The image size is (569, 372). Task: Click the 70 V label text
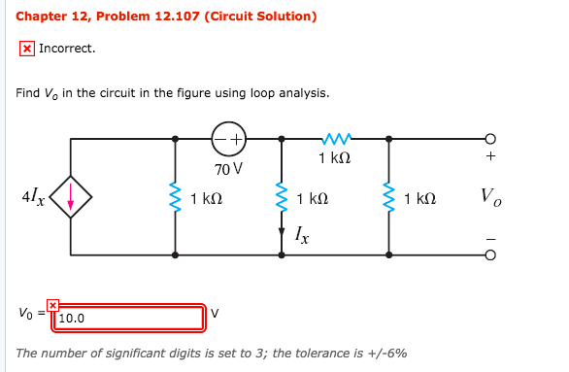click(x=229, y=169)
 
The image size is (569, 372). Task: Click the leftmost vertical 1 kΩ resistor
click(x=175, y=200)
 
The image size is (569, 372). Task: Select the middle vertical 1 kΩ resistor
click(x=282, y=199)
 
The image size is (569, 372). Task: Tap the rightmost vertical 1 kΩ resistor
click(x=388, y=199)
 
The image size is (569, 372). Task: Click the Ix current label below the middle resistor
click(x=304, y=235)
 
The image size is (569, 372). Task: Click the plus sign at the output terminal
click(x=490, y=157)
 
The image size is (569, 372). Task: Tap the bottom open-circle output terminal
click(x=490, y=256)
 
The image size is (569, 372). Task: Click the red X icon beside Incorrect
click(x=27, y=48)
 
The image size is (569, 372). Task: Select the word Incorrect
click(x=67, y=48)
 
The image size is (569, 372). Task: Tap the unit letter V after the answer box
click(x=216, y=313)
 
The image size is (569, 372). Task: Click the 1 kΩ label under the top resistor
click(x=334, y=158)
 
